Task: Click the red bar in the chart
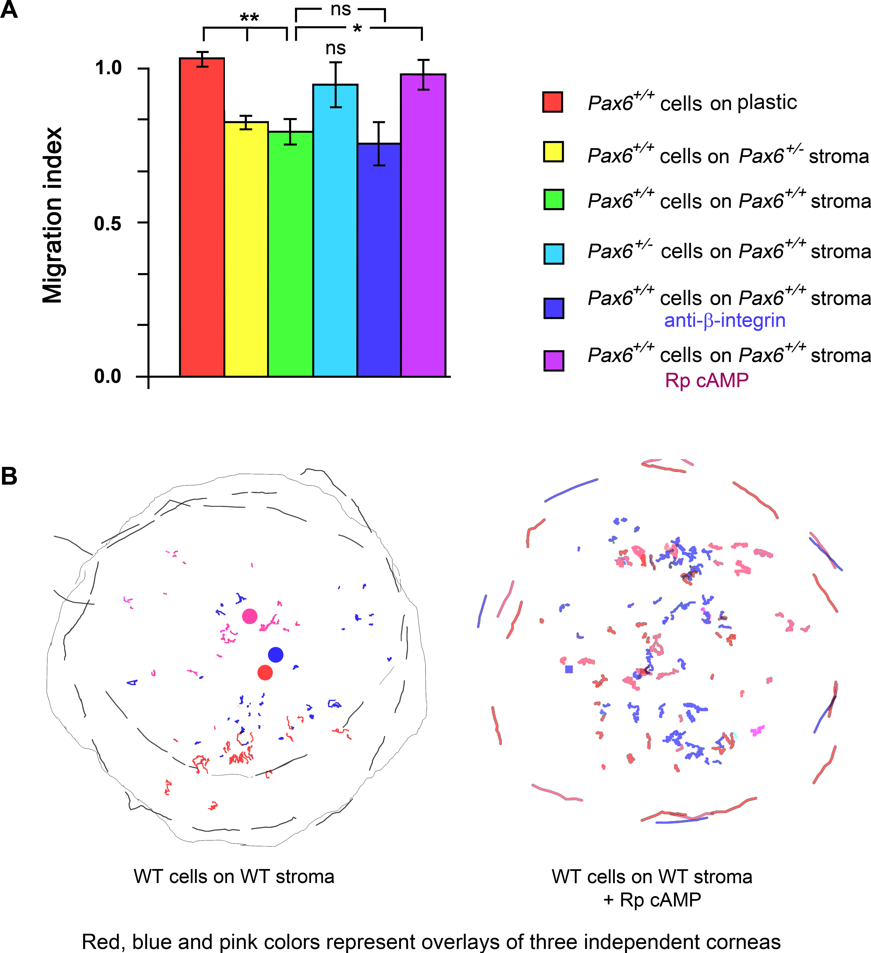click(202, 217)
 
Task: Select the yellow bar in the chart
click(246, 249)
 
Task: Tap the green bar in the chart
click(290, 254)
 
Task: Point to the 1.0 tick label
click(108, 68)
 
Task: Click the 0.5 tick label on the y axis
click(108, 223)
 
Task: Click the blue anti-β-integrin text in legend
click(724, 320)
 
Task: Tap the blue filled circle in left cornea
click(276, 655)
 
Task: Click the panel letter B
click(10, 476)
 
